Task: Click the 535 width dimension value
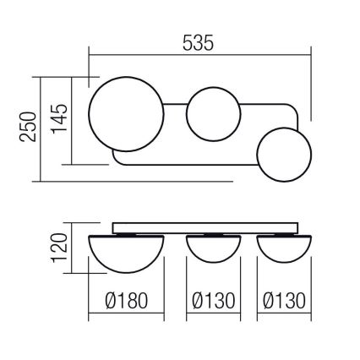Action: click(199, 41)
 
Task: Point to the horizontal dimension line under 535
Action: click(199, 57)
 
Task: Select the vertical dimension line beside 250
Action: click(42, 128)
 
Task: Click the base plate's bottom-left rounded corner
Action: click(117, 161)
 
